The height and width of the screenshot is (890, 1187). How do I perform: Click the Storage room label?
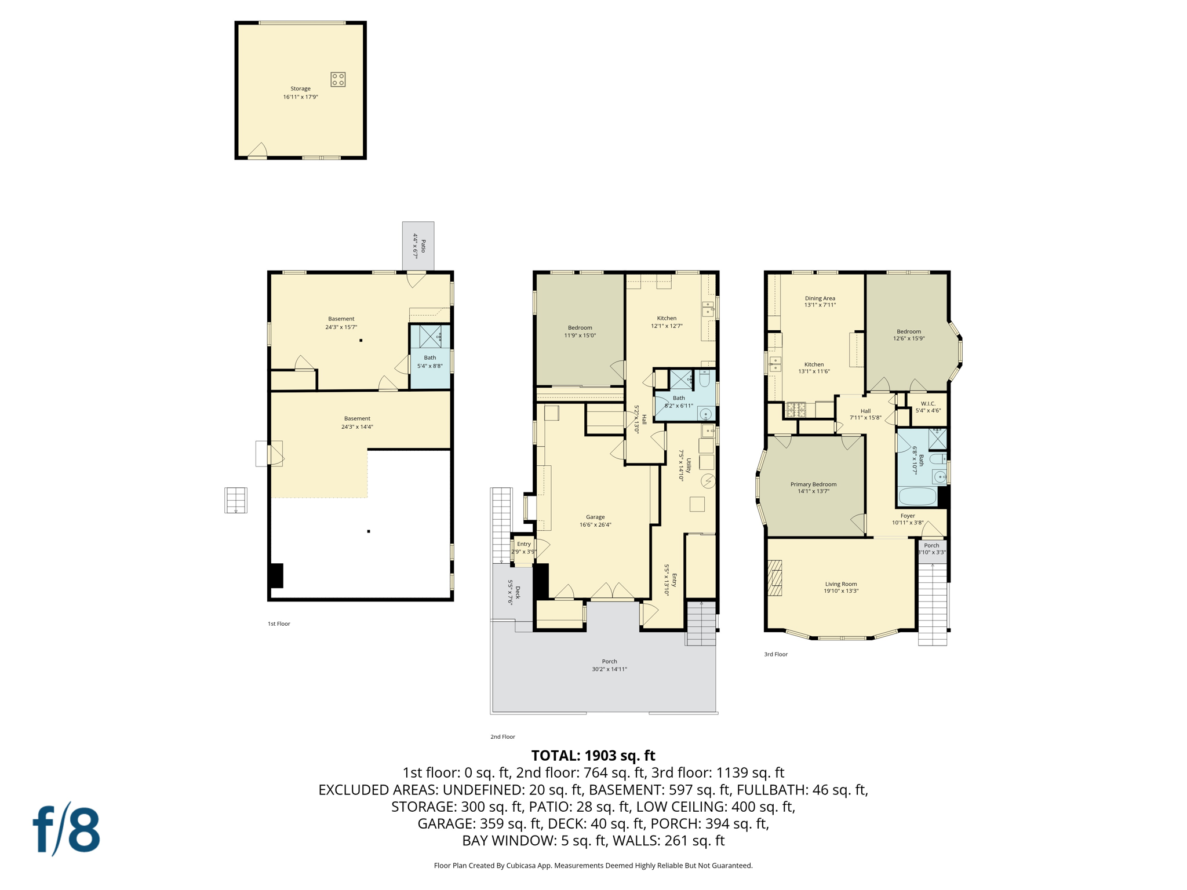(x=300, y=93)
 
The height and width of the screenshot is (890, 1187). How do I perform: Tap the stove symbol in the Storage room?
(x=338, y=79)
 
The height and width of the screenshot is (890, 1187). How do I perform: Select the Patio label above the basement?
(x=419, y=246)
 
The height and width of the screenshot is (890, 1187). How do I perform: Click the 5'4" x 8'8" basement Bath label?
(x=429, y=362)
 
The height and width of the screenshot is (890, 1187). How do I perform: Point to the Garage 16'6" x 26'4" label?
(x=595, y=521)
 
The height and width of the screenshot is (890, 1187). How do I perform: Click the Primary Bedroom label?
(x=813, y=487)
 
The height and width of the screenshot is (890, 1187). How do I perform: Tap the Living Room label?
(x=841, y=588)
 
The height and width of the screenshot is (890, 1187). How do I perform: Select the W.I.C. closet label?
(x=928, y=407)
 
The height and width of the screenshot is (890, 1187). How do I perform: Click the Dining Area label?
(x=820, y=301)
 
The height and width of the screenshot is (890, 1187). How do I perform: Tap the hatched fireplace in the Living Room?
(x=775, y=577)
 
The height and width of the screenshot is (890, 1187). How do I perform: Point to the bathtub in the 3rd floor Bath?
(x=917, y=497)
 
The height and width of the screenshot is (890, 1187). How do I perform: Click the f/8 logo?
(x=66, y=829)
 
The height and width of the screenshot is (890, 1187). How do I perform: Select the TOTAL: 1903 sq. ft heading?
(x=593, y=756)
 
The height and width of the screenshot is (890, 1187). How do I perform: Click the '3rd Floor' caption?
(x=775, y=654)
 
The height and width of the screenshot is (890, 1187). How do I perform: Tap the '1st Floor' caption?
(x=279, y=623)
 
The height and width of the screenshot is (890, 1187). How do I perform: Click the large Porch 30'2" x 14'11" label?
(x=609, y=665)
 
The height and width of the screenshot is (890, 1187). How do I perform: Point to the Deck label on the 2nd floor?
(x=514, y=592)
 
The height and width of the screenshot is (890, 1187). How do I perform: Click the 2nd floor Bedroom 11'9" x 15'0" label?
(x=580, y=331)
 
